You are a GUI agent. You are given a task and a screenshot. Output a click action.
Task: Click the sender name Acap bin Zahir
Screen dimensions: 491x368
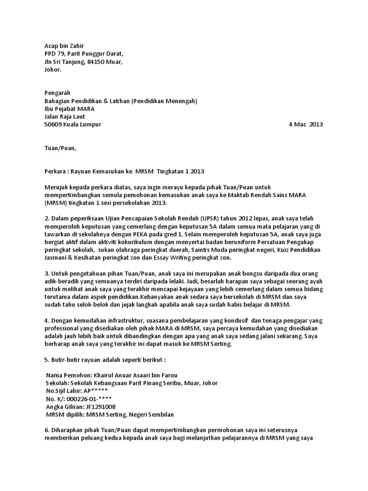point(60,46)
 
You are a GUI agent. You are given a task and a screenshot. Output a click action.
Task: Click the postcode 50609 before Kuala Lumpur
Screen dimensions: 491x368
point(53,125)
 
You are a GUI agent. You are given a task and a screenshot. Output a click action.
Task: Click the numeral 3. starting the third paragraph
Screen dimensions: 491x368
point(46,273)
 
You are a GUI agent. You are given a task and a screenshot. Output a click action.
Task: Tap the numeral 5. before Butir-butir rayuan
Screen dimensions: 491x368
point(46,360)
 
